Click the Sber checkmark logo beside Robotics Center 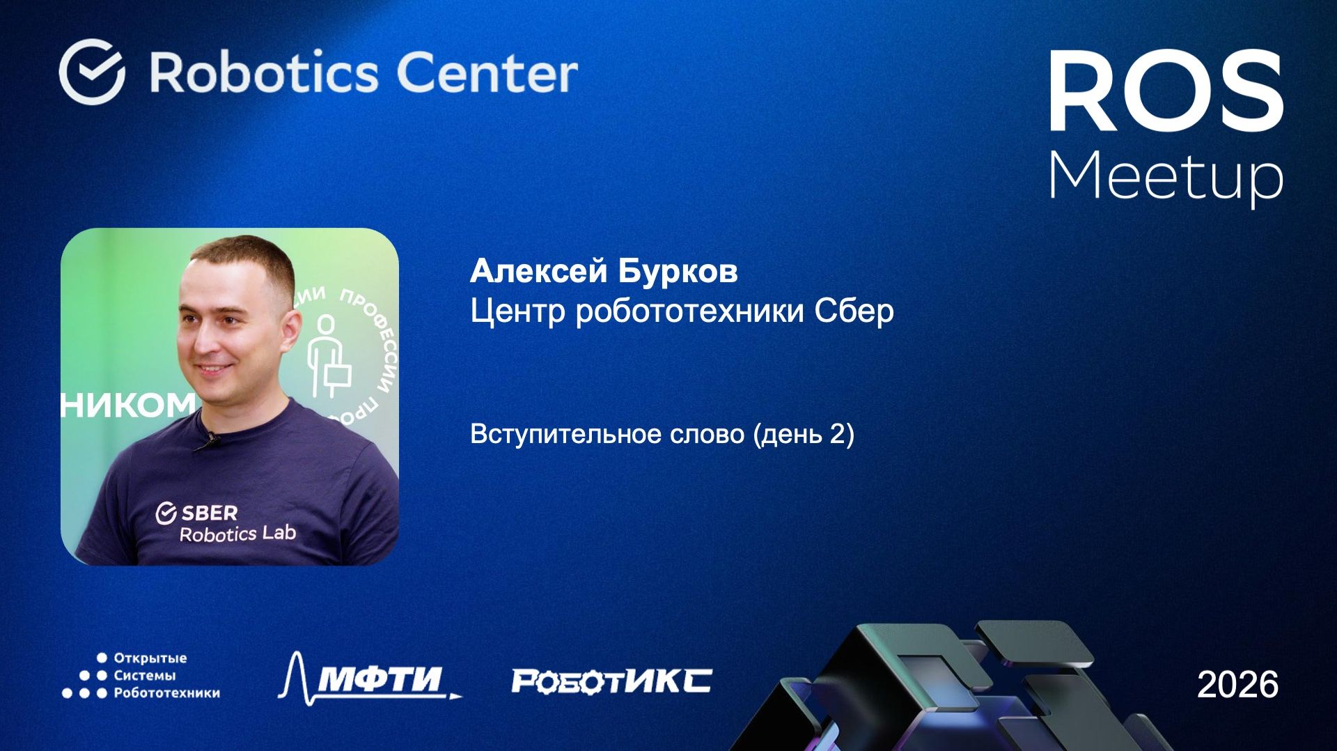(92, 72)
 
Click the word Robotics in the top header (265, 72)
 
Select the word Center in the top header (487, 72)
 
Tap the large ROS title (1166, 91)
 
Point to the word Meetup (1166, 177)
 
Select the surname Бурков (678, 271)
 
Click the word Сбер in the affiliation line (854, 311)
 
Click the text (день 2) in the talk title (803, 434)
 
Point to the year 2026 (1237, 685)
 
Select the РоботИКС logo (611, 681)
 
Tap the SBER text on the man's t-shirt (209, 513)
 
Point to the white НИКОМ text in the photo (129, 405)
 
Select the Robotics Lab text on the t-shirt (237, 534)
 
